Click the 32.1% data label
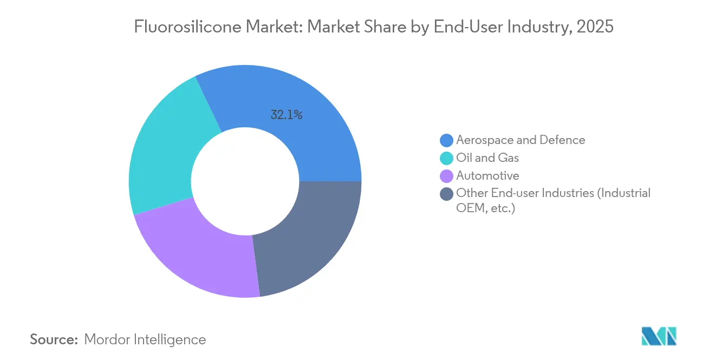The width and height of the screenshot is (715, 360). point(286,115)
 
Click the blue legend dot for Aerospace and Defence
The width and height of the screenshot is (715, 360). point(446,140)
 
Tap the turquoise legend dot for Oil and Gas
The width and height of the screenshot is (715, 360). point(446,158)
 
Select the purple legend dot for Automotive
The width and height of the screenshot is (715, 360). point(446,176)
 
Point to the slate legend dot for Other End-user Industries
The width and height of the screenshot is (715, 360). point(446,194)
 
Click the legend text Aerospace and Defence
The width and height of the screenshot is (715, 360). point(521,140)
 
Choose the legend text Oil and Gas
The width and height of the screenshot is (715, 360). point(487,158)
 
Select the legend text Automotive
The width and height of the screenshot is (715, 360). point(487,176)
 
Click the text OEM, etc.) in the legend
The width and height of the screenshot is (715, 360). point(485,208)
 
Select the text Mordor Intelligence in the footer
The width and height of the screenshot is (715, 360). point(145,339)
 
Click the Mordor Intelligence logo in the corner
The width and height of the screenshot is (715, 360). point(659,336)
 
